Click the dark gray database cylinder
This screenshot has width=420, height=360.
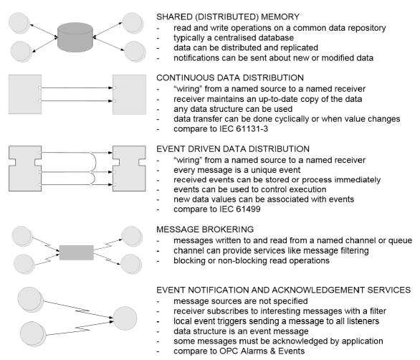pyautogui.click(x=75, y=37)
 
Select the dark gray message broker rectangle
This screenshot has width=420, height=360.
pyautogui.click(x=77, y=252)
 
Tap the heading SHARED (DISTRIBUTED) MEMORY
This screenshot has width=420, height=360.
pyautogui.click(x=228, y=17)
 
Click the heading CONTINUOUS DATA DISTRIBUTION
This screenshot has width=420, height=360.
pyautogui.click(x=230, y=77)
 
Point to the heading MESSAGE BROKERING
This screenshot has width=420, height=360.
pyautogui.click(x=205, y=229)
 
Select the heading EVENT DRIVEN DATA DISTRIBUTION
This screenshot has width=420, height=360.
pyautogui.click(x=233, y=149)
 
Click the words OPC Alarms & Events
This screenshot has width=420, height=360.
pyautogui.click(x=262, y=351)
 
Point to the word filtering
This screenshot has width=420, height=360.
pyautogui.click(x=355, y=250)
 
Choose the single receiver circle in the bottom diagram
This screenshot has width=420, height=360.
pyautogui.click(x=125, y=318)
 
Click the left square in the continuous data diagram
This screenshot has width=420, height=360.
pyautogui.click(x=25, y=95)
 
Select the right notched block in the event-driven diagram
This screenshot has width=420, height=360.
pyautogui.click(x=130, y=169)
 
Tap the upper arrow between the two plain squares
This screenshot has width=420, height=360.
pyautogui.click(x=77, y=87)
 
